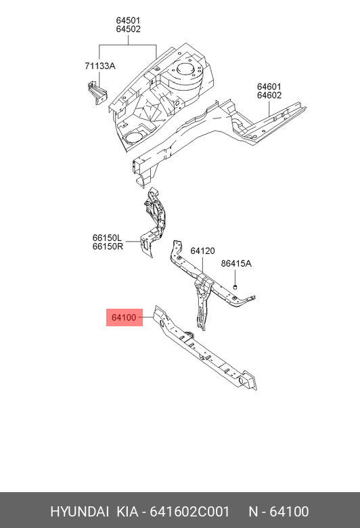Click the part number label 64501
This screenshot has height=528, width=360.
tap(128, 20)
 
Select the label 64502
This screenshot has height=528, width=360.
tap(128, 29)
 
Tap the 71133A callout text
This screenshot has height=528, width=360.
tap(100, 66)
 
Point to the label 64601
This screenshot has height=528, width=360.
tap(269, 87)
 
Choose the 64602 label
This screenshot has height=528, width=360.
tap(269, 95)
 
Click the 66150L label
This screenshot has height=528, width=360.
tap(107, 238)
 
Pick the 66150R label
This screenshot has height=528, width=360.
tap(108, 246)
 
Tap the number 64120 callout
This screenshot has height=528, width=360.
tap(202, 251)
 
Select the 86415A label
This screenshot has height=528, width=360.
tap(236, 263)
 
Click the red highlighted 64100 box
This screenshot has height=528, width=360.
tap(125, 317)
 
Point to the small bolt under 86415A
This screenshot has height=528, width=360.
tap(235, 287)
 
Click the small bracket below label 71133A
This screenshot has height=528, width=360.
tap(97, 93)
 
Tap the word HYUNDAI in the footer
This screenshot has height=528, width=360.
tap(79, 512)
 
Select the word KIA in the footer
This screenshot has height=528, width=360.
tap(127, 512)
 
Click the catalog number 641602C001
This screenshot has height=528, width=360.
tap(189, 512)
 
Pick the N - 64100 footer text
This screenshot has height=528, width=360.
tap(279, 512)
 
